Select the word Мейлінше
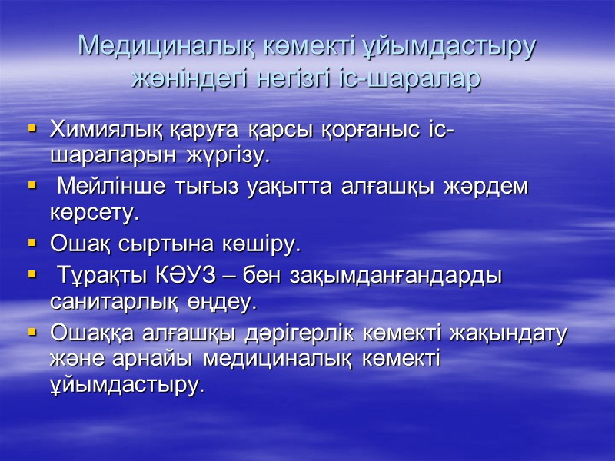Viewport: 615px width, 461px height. (x=111, y=187)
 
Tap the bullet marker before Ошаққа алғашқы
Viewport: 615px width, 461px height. (x=32, y=333)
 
